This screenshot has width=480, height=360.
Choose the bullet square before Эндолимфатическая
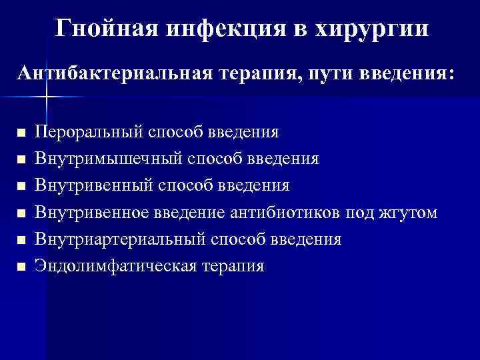21,267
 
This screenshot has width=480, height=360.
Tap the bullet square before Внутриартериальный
21,240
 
